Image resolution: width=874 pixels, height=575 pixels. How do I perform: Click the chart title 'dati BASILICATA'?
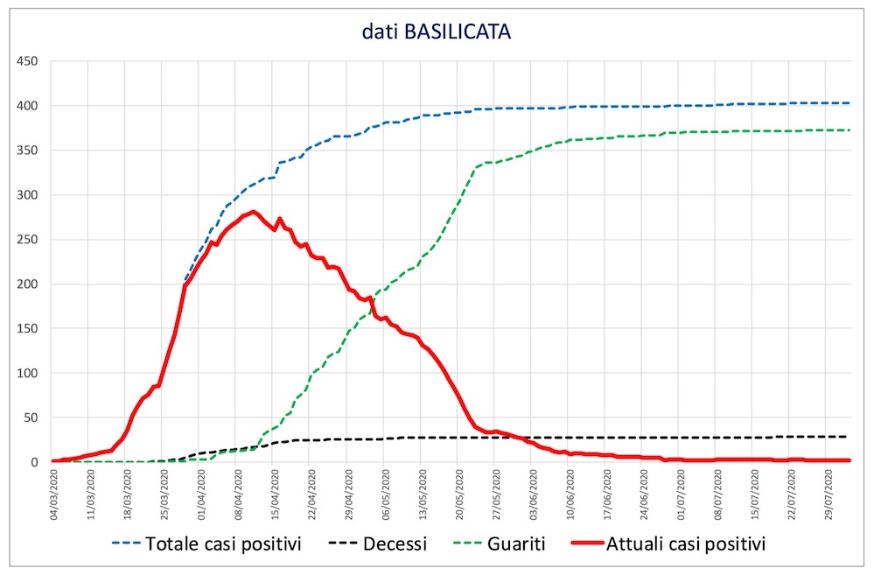(x=437, y=32)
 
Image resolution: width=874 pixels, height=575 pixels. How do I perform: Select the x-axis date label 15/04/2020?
(x=276, y=494)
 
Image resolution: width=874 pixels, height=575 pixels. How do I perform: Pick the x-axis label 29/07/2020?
(x=830, y=494)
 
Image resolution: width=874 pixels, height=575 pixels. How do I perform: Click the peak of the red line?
(x=253, y=211)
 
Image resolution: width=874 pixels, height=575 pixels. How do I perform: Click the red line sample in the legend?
(x=604, y=544)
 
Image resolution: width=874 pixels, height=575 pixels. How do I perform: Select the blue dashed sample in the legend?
(x=130, y=544)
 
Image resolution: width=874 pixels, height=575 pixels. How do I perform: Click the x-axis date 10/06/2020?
(x=572, y=494)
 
